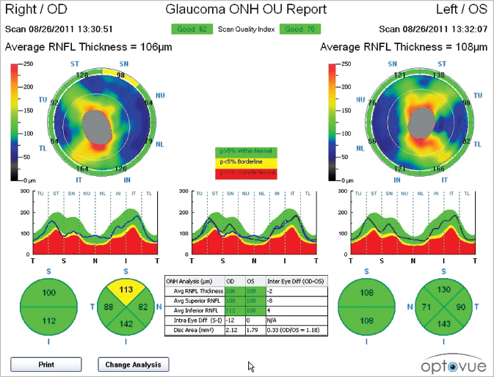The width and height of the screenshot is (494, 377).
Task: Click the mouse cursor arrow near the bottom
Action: coord(251,366)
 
